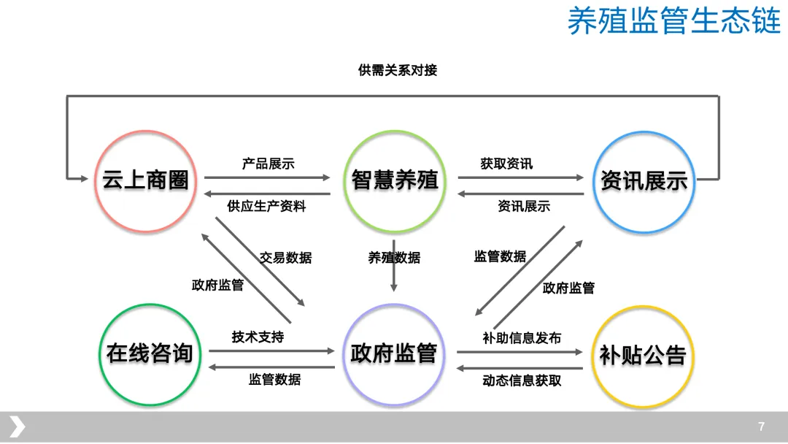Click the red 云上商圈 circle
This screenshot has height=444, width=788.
pyautogui.click(x=146, y=180)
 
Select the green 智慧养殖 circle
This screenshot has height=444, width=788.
pyautogui.click(x=394, y=180)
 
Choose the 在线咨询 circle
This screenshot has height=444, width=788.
pyautogui.click(x=150, y=354)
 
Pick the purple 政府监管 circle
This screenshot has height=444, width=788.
pyautogui.click(x=394, y=354)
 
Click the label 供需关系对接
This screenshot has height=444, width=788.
pyautogui.click(x=398, y=70)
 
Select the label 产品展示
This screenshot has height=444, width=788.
pyautogui.click(x=268, y=164)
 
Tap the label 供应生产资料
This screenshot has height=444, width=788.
pyautogui.click(x=266, y=206)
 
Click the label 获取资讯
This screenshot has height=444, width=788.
pyautogui.click(x=506, y=164)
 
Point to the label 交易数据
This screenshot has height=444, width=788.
pyautogui.click(x=285, y=258)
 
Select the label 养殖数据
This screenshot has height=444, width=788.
pyautogui.click(x=394, y=258)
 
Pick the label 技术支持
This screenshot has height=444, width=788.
pyautogui.click(x=258, y=337)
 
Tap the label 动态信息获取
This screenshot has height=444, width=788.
pyautogui.click(x=522, y=380)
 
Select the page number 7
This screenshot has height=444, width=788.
pyautogui.click(x=762, y=426)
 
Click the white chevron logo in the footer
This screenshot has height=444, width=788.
pyautogui.click(x=17, y=426)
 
